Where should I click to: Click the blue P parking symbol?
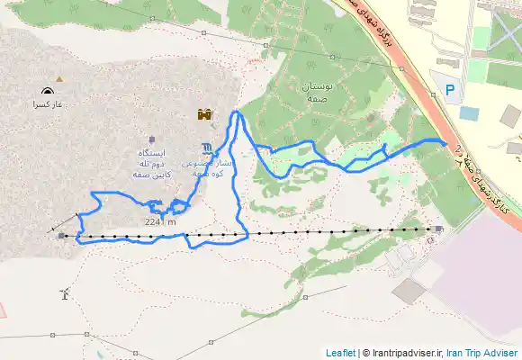[x=451, y=88]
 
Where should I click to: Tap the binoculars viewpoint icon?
[x=206, y=114]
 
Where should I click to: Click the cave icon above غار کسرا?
[x=47, y=91]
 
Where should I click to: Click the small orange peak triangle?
[x=59, y=79]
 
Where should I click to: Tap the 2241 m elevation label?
[x=159, y=221]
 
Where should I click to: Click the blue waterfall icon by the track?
[x=208, y=148]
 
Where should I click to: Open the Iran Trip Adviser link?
[x=482, y=353]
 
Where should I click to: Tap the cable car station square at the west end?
[x=61, y=237]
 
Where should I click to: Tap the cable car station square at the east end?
[x=437, y=229]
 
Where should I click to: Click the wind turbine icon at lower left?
[x=63, y=293]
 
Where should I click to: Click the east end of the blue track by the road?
[x=445, y=141]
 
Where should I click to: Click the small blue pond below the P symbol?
[x=469, y=113]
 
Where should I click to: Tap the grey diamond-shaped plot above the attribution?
[x=409, y=291]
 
